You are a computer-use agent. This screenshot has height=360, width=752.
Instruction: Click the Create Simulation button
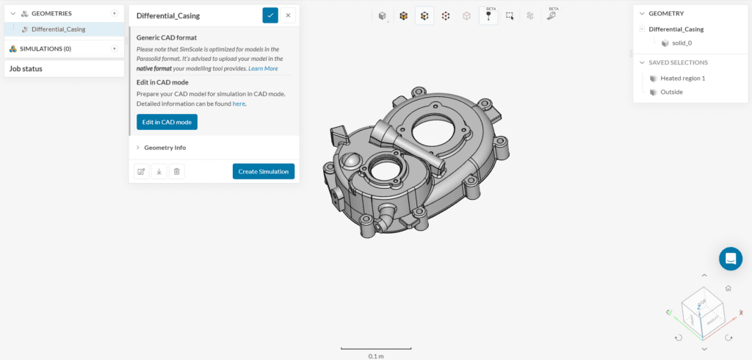[x=264, y=171]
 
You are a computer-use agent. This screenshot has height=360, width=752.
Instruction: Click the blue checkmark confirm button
[x=270, y=15]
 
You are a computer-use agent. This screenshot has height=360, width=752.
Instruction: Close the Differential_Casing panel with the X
[x=289, y=15]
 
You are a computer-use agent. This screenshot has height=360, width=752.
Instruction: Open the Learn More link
[x=263, y=68]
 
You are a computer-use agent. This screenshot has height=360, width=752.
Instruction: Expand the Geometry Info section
[x=164, y=148]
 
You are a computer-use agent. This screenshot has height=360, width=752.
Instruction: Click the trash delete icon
[x=176, y=171]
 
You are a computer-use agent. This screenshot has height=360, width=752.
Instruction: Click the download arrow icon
[x=159, y=171]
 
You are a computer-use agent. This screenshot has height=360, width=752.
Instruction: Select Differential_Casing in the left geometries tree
[x=58, y=29]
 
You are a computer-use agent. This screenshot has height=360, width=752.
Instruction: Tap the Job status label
[x=26, y=68]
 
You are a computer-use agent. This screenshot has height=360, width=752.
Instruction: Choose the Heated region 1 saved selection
[x=682, y=78]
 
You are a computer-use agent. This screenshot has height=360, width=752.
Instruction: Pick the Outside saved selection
[x=671, y=92]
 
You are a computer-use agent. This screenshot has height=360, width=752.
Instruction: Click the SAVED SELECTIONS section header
[x=678, y=62]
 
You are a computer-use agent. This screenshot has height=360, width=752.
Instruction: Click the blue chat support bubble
[x=730, y=259]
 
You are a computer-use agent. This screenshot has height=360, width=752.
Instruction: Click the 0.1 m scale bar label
[x=375, y=356]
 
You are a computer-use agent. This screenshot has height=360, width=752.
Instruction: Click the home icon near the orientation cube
[x=728, y=289]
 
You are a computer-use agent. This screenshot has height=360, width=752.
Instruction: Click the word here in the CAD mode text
[x=239, y=104]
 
